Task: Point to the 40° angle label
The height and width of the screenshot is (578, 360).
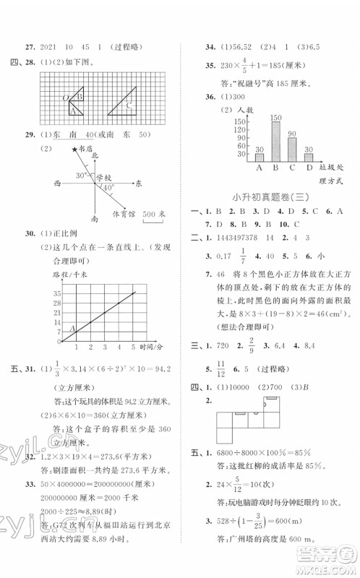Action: [108, 188]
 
